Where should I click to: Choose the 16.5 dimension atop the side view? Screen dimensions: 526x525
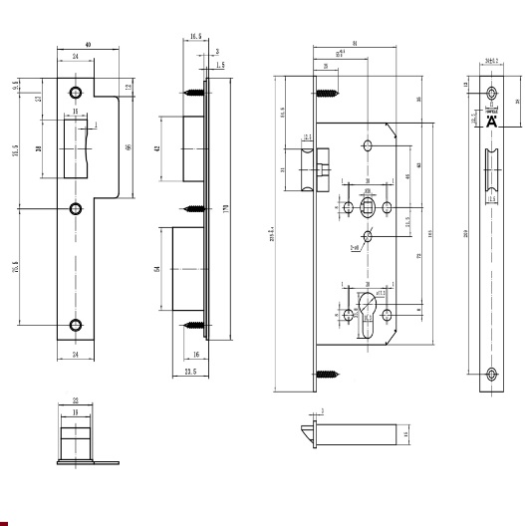(194, 36)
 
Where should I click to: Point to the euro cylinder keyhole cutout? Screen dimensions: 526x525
(368, 310)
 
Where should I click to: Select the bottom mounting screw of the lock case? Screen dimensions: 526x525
(326, 376)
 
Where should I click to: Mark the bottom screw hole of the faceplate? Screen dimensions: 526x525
(490, 375)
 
